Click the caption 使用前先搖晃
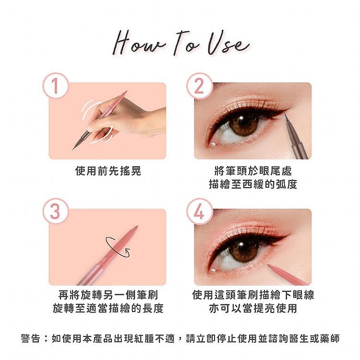point(108,171)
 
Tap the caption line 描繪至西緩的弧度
point(253,184)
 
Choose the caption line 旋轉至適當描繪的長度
point(108,308)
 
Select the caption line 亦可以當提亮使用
point(253,308)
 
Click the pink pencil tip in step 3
point(136,228)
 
